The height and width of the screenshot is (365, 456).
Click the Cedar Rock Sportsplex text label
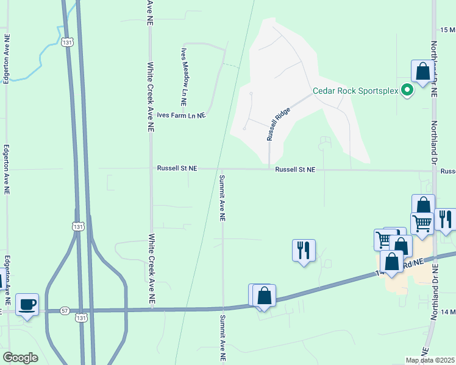pos(355,91)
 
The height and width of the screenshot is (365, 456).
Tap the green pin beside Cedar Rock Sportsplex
pos(407,91)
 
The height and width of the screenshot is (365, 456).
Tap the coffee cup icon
pos(26,304)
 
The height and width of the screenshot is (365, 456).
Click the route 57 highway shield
pos(65,310)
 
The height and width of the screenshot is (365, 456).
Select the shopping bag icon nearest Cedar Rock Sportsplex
pos(422,72)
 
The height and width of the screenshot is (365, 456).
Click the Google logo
pos(20,358)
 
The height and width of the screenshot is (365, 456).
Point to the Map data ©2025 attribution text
pos(430,360)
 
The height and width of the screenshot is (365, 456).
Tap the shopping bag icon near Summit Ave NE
pos(265,296)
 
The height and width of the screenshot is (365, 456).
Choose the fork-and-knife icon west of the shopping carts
pos(304,250)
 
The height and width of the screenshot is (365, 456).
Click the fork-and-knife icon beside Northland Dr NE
pos(445,220)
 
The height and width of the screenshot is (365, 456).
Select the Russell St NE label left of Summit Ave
pos(177,168)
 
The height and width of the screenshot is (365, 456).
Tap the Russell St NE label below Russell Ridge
pos(295,170)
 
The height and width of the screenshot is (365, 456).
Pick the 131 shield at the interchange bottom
pos(81,318)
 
